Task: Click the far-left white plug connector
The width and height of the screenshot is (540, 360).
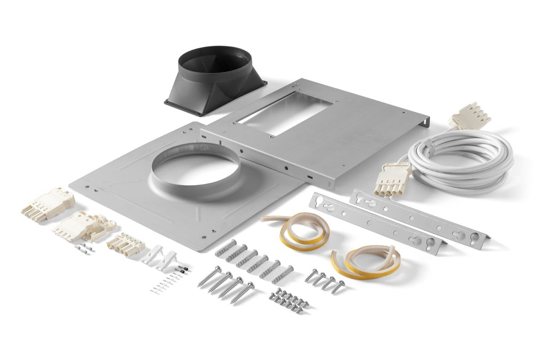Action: [47, 205]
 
